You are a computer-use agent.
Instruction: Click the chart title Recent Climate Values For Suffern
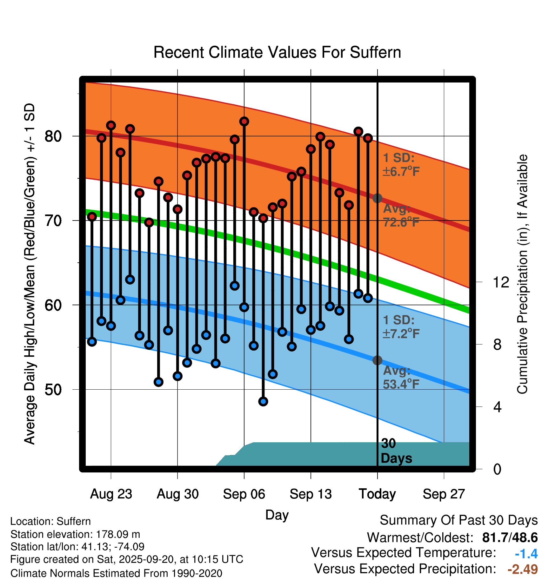pos(277,52)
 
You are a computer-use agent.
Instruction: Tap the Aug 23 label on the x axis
pos(111,494)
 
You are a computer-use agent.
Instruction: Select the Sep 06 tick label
pos(244,494)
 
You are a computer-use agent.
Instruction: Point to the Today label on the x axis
pos(377,494)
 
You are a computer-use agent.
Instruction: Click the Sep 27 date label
pos(444,494)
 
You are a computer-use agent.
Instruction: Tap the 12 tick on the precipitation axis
pos(501,282)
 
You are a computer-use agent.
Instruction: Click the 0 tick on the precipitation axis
pos(497,469)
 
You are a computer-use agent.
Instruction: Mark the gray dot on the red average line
pos(377,198)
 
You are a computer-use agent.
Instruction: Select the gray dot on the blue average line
pos(377,360)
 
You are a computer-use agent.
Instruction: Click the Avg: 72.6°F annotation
pos(401,215)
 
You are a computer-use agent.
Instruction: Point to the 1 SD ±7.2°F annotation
pos(401,327)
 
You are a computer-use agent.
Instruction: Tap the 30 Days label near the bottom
pos(396,451)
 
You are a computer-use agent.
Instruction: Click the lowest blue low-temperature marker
pos(263,401)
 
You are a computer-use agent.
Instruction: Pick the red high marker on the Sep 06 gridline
pos(244,122)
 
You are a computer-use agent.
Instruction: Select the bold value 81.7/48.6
pos(510,537)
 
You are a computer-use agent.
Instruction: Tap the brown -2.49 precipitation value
pos(522,569)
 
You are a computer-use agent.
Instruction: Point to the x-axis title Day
pos(277,515)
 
